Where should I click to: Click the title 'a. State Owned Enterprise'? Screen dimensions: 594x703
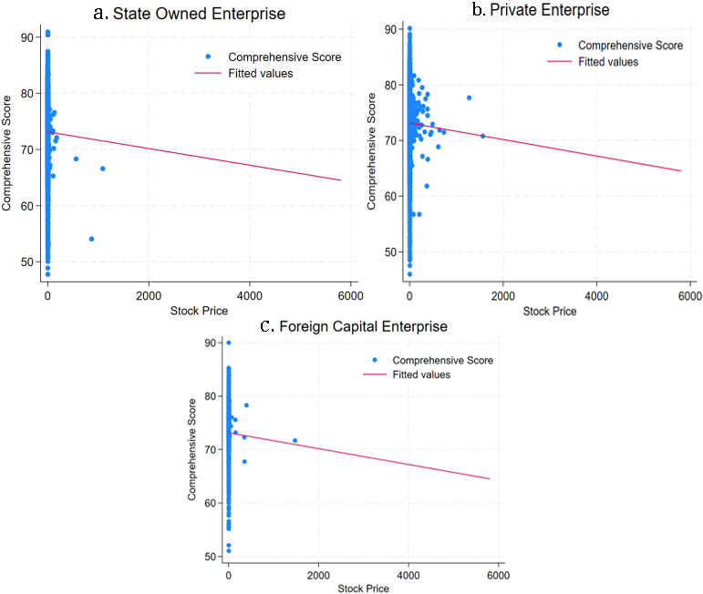[x=190, y=14]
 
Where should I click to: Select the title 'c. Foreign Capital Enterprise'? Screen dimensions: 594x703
[x=354, y=325]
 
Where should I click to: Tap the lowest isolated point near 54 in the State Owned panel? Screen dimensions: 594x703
[x=91, y=239]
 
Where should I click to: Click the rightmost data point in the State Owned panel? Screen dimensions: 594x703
[x=102, y=169]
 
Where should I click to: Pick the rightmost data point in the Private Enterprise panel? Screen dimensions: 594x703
[x=482, y=136]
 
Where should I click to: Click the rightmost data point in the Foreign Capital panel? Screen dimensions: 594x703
[x=295, y=441]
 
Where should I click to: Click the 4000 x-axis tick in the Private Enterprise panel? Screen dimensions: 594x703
[x=596, y=297]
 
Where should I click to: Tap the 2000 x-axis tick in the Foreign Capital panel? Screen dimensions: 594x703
[x=317, y=575]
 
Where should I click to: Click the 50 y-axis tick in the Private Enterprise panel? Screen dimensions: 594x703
[x=390, y=251]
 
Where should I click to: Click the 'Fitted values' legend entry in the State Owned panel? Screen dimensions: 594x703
[x=260, y=73]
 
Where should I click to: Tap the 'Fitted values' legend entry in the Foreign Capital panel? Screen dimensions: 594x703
[x=423, y=374]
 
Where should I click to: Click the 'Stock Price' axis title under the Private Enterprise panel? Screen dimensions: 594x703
[x=549, y=312]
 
